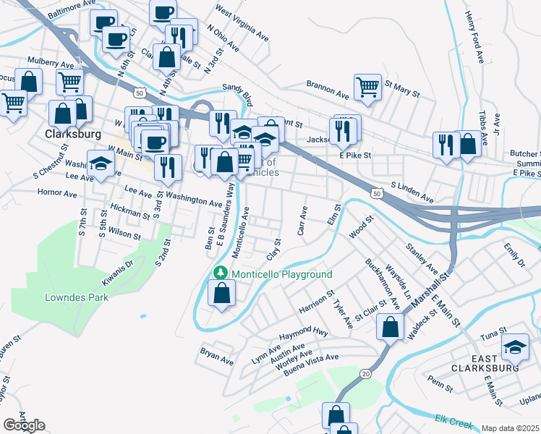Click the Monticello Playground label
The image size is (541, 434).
281,274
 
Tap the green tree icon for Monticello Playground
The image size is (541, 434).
222,274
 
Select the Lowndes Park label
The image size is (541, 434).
86,297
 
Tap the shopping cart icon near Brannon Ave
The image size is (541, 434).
368,88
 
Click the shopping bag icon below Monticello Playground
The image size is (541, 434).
222,294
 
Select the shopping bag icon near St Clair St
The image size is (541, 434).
391,326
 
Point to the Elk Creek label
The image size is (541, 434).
452,419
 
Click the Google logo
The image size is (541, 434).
24,425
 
